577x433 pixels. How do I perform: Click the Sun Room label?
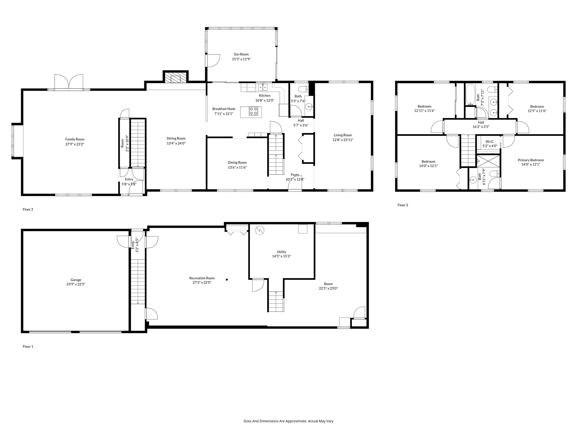coord(241,54)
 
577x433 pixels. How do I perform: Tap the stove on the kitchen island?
coord(253,112)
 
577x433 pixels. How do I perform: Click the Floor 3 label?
coord(403,205)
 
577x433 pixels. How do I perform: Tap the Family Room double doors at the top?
coord(69,82)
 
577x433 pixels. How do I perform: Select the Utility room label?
coord(281,252)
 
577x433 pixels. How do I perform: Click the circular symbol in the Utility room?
coord(259,230)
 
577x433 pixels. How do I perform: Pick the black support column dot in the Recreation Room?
coord(227,280)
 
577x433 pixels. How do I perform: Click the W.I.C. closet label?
coord(490,142)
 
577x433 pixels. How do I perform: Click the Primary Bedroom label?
coord(531,160)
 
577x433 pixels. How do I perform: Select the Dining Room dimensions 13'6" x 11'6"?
coord(237,167)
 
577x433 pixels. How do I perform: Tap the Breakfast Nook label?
coord(224,109)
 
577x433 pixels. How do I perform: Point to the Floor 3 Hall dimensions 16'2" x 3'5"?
coord(481,127)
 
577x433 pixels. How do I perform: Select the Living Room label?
coord(343,135)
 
